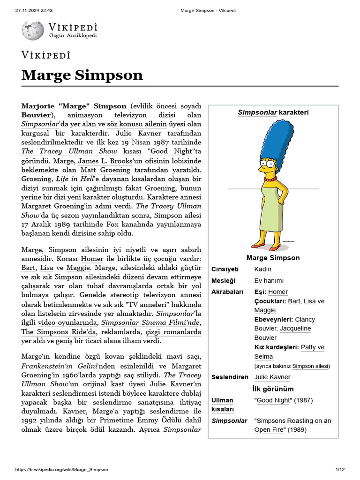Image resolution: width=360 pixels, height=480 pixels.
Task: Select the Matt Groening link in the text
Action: tap(105, 170)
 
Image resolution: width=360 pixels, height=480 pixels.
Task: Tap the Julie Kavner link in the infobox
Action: tap(272, 377)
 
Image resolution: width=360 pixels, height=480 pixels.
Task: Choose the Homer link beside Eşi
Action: tap(278, 292)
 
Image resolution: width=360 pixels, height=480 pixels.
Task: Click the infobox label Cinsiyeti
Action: tap(225, 269)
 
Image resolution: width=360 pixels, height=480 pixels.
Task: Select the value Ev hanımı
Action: tap(269, 280)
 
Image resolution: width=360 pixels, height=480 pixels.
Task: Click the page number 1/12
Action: tap(340, 469)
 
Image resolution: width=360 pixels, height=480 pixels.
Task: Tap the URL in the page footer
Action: tap(62, 469)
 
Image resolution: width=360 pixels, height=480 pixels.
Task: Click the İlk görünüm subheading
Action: tap(273, 389)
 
